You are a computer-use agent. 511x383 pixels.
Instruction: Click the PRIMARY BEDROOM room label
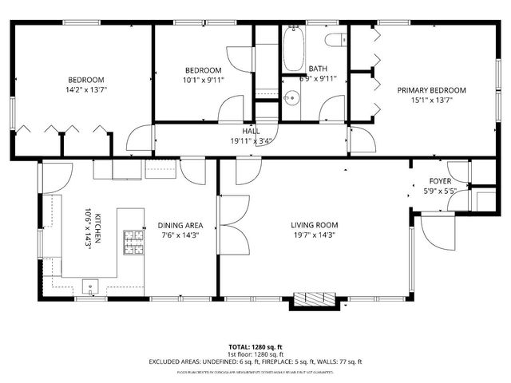coord(432,90)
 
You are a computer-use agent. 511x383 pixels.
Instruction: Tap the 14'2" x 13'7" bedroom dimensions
coord(85,89)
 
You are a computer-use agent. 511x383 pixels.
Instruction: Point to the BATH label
coord(318,69)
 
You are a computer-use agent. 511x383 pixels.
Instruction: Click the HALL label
coord(251,131)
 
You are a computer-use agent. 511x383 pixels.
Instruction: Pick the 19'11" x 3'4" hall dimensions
coord(251,140)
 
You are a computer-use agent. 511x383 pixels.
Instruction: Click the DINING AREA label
coord(180,225)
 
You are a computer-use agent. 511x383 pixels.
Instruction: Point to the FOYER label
coord(440,181)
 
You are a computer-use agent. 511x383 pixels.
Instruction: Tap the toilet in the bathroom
coord(333,38)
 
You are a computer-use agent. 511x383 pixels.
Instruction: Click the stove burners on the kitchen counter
coord(132,242)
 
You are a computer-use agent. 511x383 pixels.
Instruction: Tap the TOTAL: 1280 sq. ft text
coord(255,347)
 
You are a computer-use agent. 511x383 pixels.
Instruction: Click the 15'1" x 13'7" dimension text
coord(432,101)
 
